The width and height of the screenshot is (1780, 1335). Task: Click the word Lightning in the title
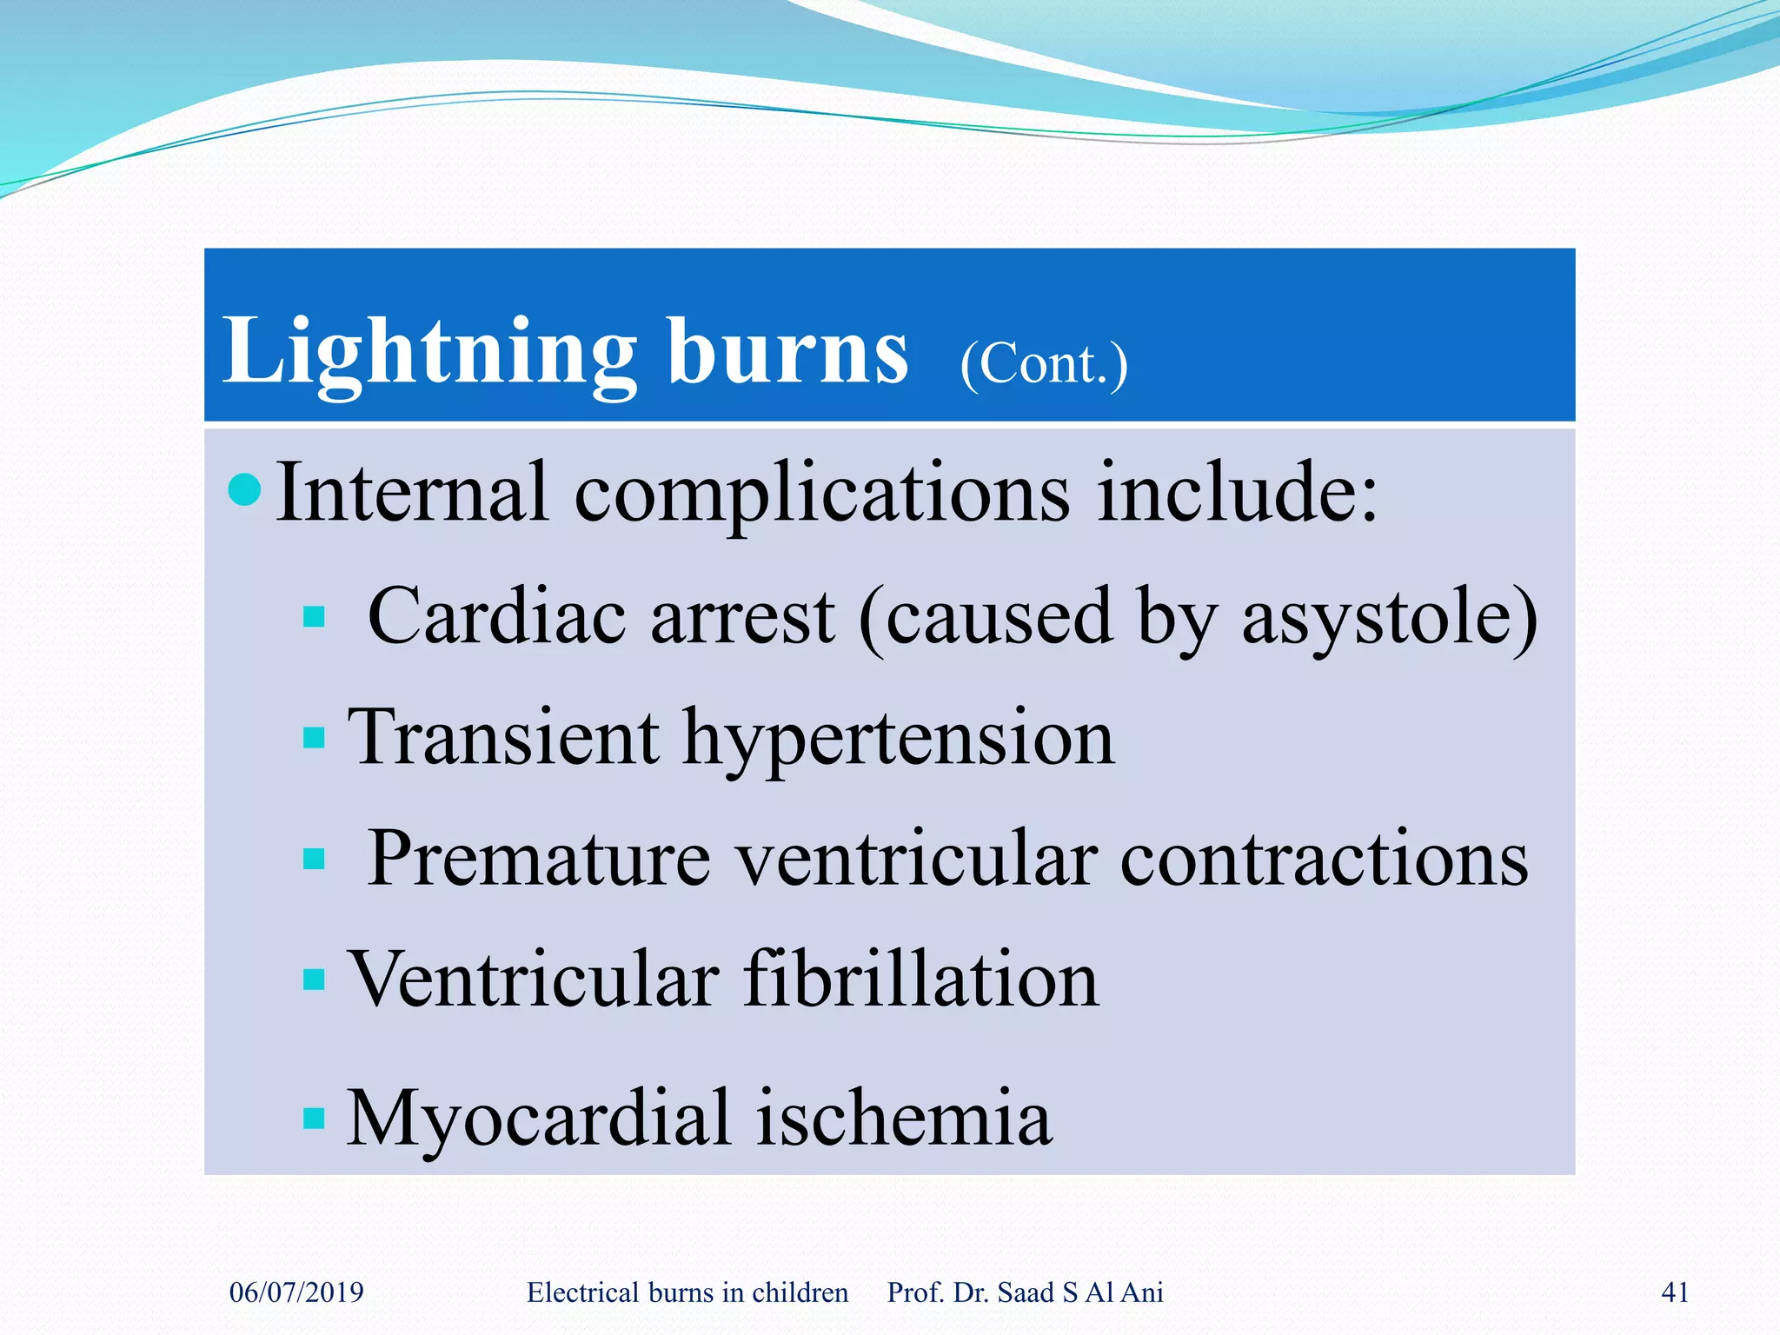coord(429,352)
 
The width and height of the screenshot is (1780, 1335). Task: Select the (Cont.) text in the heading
coord(1044,363)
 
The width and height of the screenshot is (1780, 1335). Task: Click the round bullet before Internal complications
coord(244,489)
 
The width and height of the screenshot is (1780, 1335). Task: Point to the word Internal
coord(412,493)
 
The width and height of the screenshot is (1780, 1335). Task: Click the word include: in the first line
coord(1238,493)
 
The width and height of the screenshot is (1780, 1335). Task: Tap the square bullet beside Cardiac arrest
coord(314,617)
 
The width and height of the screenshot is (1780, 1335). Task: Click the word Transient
coord(503,737)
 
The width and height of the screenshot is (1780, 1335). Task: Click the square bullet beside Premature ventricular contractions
coord(314,859)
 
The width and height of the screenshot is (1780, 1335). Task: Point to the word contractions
coord(1324,859)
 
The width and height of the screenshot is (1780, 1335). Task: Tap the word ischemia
coord(904,1118)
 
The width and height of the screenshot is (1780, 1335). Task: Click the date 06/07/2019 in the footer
coord(296,1292)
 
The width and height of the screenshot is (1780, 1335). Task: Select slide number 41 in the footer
coord(1675,1292)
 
